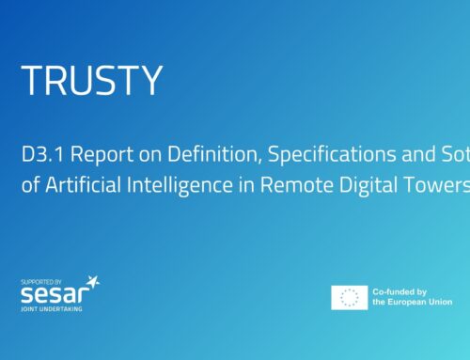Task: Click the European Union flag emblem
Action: pyautogui.click(x=349, y=298)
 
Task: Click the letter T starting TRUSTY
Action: pyautogui.click(x=31, y=82)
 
